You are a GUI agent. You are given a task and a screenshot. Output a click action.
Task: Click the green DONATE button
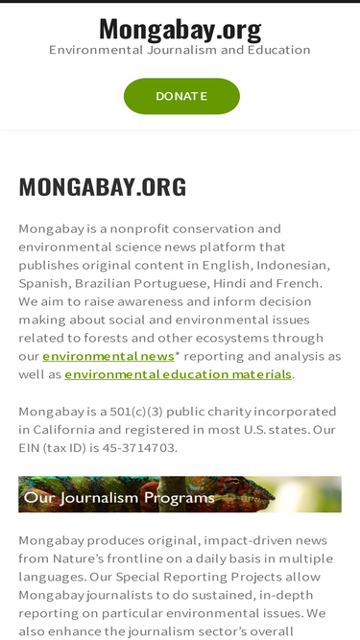click(x=181, y=96)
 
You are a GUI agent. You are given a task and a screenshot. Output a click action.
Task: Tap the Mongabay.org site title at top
click(x=180, y=30)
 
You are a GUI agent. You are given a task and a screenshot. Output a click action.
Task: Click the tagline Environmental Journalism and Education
click(x=180, y=50)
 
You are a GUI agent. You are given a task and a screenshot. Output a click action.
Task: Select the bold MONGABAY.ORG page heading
click(x=103, y=187)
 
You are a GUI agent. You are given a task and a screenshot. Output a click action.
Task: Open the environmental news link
click(x=108, y=356)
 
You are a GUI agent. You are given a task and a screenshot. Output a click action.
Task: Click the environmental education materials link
click(x=179, y=374)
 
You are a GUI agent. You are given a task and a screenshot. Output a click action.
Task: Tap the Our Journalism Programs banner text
click(x=119, y=497)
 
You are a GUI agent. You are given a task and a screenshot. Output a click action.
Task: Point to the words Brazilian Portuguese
click(x=149, y=283)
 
